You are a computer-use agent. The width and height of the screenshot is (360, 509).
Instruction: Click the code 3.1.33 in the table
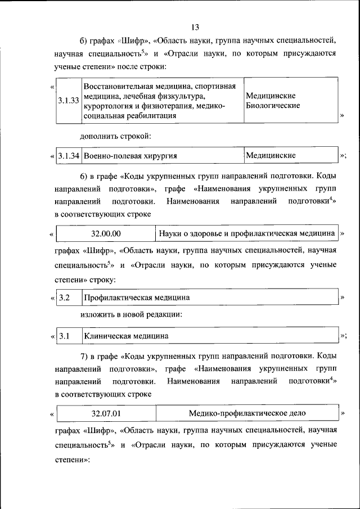[x=68, y=101]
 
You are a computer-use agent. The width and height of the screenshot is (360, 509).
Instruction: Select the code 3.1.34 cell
[x=69, y=155]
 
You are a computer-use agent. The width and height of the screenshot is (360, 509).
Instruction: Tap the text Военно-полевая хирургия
[x=127, y=155]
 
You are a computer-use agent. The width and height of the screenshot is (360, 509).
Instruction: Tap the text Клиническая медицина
[x=126, y=336]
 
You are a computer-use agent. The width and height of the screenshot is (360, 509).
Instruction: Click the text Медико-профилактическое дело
[x=247, y=413]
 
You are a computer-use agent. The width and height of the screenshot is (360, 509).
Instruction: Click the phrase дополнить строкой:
[x=115, y=136]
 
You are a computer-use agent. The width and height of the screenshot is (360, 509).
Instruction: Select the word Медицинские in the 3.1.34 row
[x=271, y=155]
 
